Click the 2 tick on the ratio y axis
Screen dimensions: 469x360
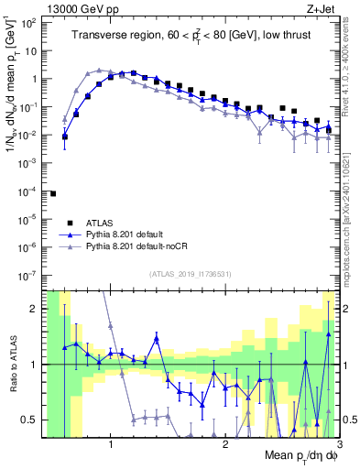coord(35,309)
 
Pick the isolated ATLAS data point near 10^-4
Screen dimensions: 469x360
coord(53,193)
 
